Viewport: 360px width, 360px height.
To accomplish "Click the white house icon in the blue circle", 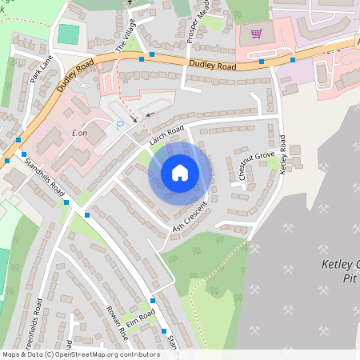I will point(180,172).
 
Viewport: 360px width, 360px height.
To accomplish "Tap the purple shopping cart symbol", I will point(256,34).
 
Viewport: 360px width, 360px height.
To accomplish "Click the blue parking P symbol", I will point(121,124).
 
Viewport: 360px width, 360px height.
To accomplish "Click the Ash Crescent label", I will point(190,218).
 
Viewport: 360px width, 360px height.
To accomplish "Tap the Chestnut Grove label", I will point(256,165).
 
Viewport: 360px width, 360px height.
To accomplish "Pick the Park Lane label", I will point(41,70).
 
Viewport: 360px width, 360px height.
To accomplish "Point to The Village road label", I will point(126,36).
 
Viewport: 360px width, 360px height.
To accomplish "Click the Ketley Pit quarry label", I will point(340,272).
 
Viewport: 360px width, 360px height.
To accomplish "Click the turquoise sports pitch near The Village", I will point(70,34).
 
